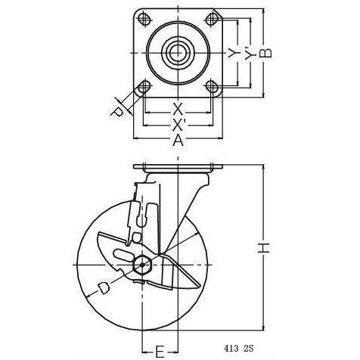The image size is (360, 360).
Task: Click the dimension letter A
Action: click(178, 141)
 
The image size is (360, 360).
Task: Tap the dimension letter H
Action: click(264, 247)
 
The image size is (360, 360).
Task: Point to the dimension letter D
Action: click(104, 288)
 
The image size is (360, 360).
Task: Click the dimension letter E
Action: click(159, 352)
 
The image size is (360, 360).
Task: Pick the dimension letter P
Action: click(116, 112)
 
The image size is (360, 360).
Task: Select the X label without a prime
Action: click(178, 109)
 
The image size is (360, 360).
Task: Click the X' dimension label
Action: click(179, 125)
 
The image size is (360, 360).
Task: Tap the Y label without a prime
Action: click(234, 53)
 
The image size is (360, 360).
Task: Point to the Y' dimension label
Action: click(250, 54)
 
